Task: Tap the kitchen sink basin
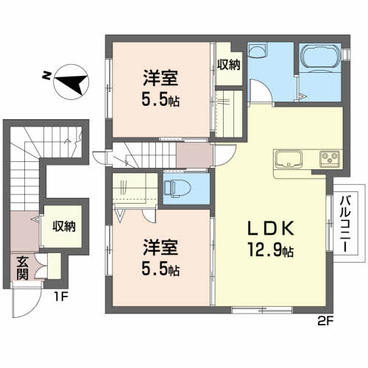click(x=289, y=159)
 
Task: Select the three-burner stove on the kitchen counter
click(x=330, y=159)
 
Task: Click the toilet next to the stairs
click(x=178, y=189)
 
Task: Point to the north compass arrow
click(x=71, y=82)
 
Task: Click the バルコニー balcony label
click(x=346, y=224)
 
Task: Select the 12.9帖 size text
click(x=270, y=249)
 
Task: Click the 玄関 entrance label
click(x=22, y=268)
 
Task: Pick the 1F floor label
click(x=61, y=297)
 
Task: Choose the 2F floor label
click(x=325, y=321)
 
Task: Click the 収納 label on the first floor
click(x=64, y=226)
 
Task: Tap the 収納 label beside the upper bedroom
click(x=228, y=65)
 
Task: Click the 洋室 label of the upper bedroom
click(x=160, y=78)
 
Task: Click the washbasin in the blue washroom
click(x=257, y=50)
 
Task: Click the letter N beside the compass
click(x=46, y=75)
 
